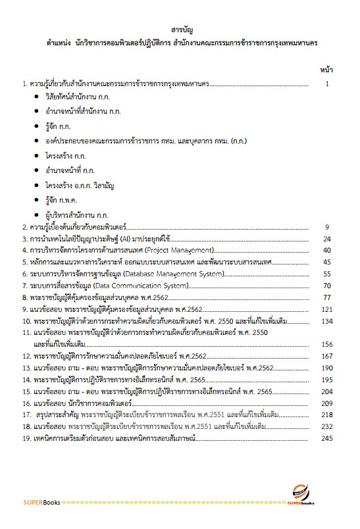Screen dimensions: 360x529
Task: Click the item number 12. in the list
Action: [x=27, y=356]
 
